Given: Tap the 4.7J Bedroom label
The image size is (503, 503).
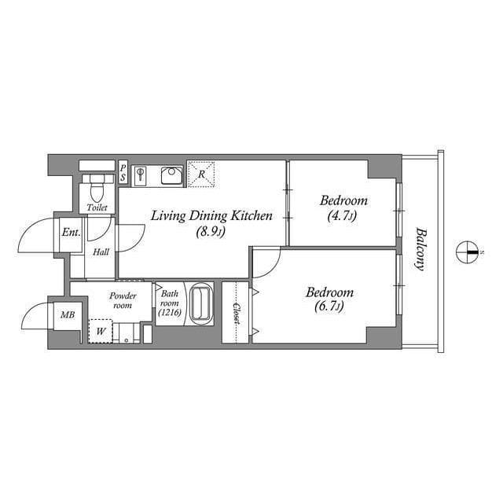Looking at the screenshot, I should tap(340, 207).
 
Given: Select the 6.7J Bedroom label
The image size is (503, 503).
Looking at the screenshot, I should tap(329, 299).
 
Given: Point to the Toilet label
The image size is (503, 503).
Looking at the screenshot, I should tap(97, 208).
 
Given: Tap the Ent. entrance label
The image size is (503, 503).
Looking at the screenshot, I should tap(70, 233).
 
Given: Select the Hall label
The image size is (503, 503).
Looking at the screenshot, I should tap(101, 252).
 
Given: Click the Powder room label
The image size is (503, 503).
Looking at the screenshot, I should tap(122, 300).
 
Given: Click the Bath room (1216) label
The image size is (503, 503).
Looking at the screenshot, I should tap(170, 303).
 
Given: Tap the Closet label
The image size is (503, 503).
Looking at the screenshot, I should tap(235, 312).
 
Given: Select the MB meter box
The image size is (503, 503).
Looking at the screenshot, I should tap(68, 315).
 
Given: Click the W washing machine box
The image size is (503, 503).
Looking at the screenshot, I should tap(101, 330).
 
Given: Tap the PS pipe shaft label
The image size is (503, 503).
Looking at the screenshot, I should tap(123, 173).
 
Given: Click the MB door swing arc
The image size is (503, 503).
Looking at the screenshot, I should tap(35, 318).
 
